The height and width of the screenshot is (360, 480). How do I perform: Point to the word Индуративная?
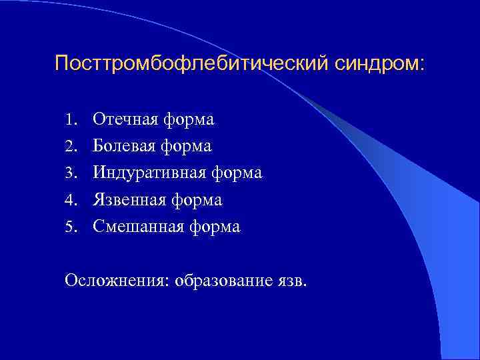point(150,173)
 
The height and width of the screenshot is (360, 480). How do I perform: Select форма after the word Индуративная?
point(237,173)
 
